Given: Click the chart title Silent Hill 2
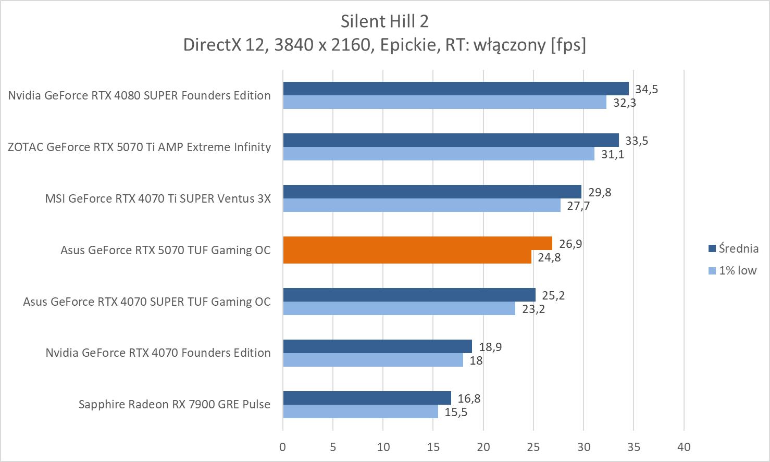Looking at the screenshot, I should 384,21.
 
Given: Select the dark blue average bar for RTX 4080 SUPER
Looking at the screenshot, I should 455,89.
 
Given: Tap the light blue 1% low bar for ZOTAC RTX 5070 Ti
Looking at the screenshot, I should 438,154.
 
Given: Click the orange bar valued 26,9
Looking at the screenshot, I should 417,243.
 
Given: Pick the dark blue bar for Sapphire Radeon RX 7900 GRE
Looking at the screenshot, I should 367,398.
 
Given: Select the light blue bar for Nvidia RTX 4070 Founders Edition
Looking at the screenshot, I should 373,360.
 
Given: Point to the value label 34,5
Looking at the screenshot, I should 646,89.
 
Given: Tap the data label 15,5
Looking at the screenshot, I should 456,413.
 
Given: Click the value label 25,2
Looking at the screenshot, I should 553,295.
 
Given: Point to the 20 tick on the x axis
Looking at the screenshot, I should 483,446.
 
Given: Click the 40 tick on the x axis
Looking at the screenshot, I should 684,446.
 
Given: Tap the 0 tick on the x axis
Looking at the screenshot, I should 283,446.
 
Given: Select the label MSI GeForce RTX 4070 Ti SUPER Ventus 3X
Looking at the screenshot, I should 158,198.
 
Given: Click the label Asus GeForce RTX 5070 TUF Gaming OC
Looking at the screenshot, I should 166,250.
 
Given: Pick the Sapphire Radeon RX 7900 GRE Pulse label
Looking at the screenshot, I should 175,404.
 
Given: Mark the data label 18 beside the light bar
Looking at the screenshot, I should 476,360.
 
